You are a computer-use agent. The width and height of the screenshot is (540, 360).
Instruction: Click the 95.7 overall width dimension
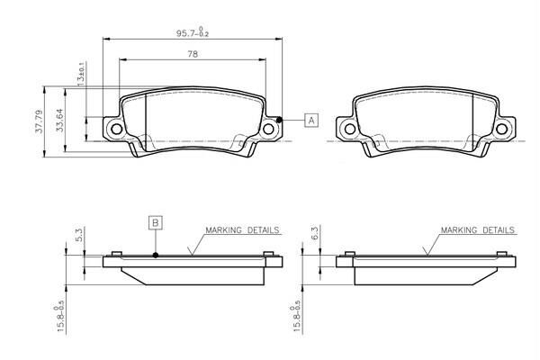click(193, 33)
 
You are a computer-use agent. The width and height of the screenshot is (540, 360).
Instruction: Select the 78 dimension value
click(193, 54)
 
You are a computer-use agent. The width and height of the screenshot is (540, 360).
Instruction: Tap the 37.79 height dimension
click(39, 121)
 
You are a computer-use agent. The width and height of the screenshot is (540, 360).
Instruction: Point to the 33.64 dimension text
click(60, 120)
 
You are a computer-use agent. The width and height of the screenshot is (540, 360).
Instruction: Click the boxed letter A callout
click(311, 121)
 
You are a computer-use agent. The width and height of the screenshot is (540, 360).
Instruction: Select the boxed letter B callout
click(156, 223)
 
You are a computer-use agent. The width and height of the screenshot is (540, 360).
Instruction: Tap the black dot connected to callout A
click(279, 120)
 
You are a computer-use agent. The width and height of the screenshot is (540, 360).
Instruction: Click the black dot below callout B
click(156, 256)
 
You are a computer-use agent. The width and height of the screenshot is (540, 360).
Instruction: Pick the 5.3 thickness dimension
click(78, 234)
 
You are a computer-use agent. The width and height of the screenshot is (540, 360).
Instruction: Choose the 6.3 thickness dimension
click(315, 233)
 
